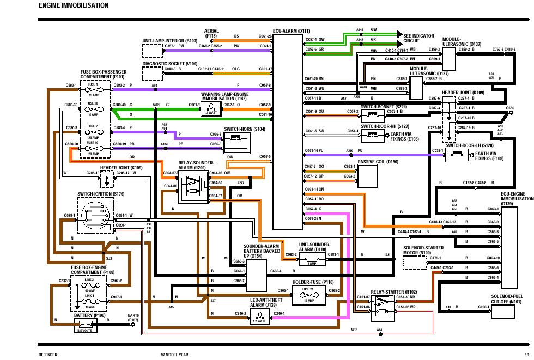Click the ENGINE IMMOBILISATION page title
click(x=74, y=5)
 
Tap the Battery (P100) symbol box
click(x=86, y=325)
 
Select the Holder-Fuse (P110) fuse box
click(x=309, y=298)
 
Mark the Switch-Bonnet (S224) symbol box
click(x=373, y=116)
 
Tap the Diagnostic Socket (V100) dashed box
click(x=152, y=73)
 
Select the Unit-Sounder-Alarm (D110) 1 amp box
click(x=312, y=259)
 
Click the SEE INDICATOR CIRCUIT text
click(x=418, y=38)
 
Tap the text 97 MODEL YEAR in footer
click(x=171, y=355)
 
